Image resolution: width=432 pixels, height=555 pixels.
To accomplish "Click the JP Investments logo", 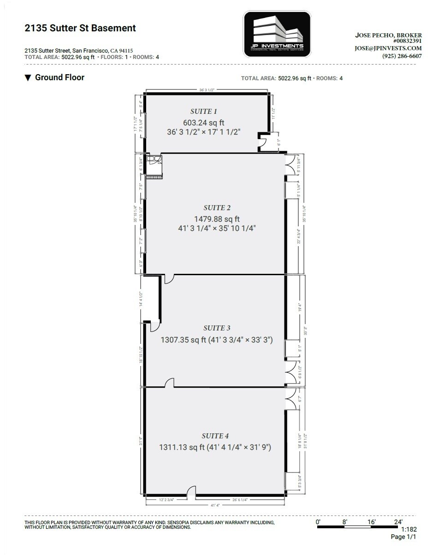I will (x=276, y=35).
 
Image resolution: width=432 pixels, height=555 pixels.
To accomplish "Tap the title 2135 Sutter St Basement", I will (x=80, y=28).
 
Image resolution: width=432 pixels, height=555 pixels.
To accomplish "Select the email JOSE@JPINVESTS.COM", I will (x=388, y=48).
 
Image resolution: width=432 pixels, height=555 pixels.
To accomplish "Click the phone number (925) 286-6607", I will (x=402, y=56).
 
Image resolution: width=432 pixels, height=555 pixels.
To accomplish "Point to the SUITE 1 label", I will (x=203, y=111).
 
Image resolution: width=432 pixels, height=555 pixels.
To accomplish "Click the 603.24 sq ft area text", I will (x=203, y=122).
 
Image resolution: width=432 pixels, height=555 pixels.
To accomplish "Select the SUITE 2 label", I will (x=217, y=208).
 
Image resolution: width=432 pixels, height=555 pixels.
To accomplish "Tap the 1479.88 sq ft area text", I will (x=217, y=219).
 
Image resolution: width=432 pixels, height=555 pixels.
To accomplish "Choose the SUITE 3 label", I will (x=217, y=328).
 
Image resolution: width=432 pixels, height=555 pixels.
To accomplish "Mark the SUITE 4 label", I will (x=215, y=436).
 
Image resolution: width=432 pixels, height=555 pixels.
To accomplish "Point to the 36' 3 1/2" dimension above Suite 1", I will (x=207, y=90).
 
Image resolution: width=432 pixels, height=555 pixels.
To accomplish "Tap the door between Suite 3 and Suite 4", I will (x=169, y=383).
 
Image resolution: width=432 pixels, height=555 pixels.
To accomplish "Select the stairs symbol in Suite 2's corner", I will (x=154, y=176).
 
